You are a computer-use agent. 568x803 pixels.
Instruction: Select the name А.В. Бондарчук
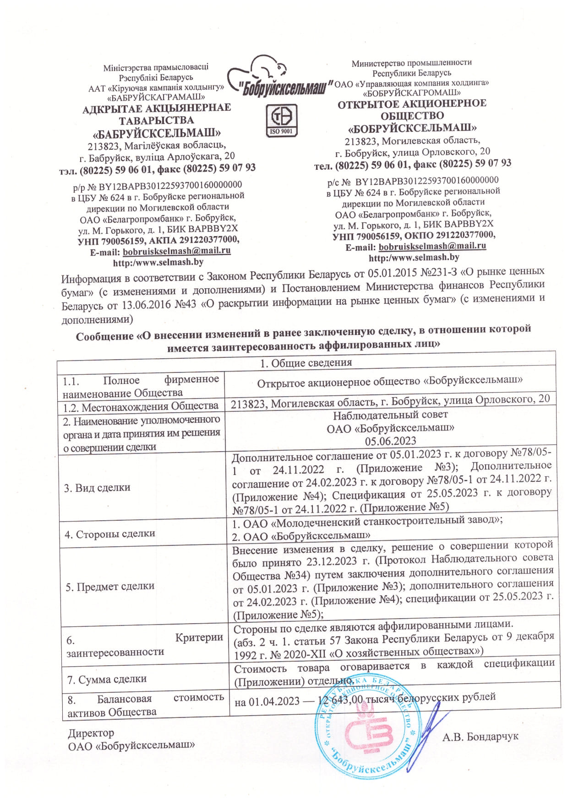point(481,737)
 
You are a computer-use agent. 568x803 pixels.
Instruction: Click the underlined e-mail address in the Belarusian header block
point(177,251)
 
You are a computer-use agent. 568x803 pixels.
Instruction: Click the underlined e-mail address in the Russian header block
point(432,246)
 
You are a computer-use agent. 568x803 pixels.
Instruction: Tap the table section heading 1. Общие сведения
point(306,363)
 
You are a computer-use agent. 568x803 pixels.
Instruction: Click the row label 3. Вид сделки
point(97,487)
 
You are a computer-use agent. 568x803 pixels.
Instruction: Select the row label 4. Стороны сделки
point(110,534)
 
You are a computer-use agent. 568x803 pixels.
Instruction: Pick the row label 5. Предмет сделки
point(110,586)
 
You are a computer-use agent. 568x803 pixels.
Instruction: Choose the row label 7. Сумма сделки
point(107,679)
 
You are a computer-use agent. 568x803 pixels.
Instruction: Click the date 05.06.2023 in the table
point(390,441)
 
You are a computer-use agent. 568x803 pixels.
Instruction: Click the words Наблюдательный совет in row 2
point(390,415)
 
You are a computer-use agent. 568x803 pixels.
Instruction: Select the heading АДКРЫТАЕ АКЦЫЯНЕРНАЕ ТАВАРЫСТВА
point(157,114)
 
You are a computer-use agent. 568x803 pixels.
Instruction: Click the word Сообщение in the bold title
point(104,337)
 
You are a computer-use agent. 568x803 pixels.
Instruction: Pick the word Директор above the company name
point(91,733)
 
